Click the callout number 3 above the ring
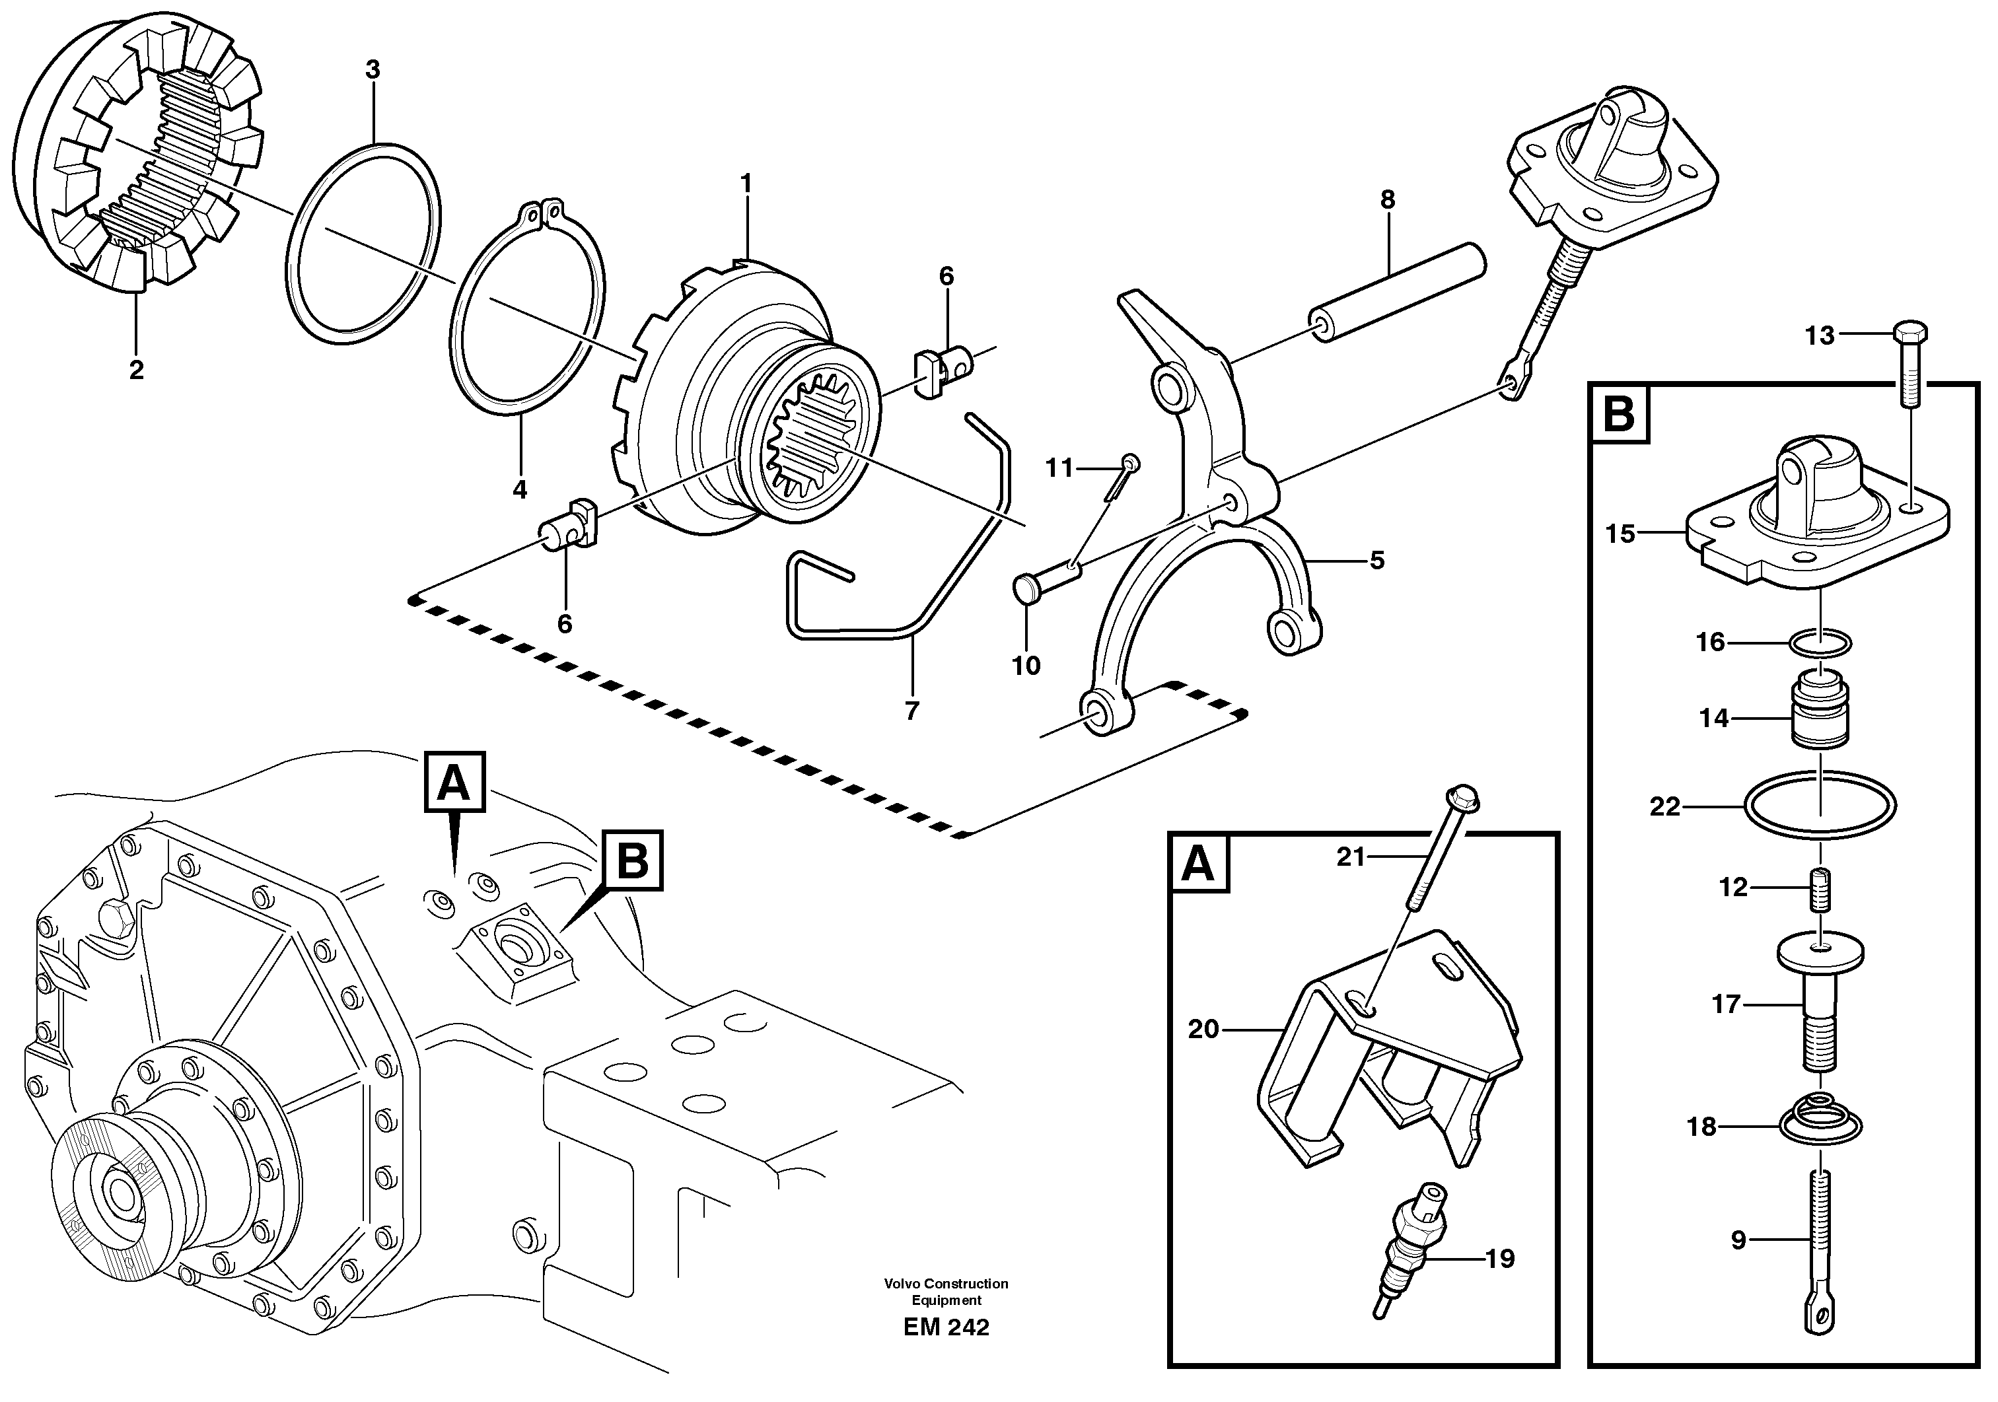coord(373,69)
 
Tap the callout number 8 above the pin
coord(1387,200)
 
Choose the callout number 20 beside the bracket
coord(1203,1030)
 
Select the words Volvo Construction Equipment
coord(946,1292)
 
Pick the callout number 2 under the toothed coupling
coord(136,370)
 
